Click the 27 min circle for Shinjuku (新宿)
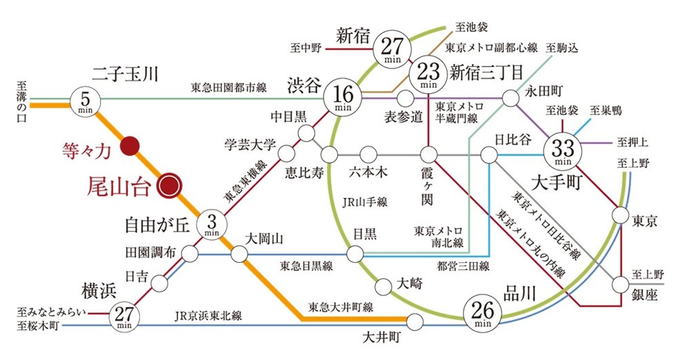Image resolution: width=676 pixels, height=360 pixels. (391, 50)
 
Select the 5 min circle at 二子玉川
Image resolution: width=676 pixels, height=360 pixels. (86, 101)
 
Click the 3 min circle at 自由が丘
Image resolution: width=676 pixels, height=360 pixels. (212, 223)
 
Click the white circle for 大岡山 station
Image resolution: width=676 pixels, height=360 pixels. (239, 254)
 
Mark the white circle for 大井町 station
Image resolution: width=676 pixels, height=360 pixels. (415, 321)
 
